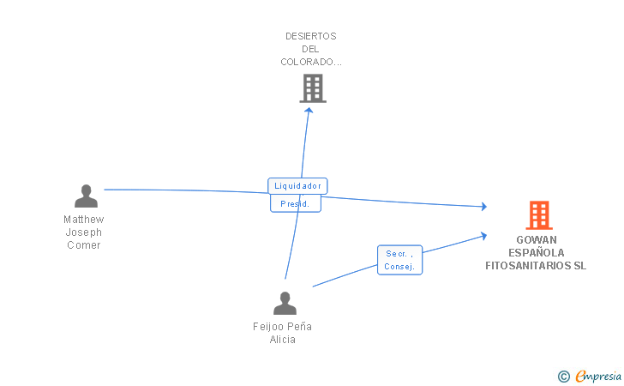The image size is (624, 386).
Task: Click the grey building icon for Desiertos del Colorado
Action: point(313,87)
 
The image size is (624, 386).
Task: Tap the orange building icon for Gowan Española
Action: point(538,214)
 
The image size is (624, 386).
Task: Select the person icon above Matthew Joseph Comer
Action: point(86,196)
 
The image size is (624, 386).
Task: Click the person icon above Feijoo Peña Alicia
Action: point(284,303)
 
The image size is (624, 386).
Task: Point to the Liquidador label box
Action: point(297,185)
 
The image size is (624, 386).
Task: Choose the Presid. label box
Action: point(295,204)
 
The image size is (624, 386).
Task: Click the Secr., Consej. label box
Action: point(399,260)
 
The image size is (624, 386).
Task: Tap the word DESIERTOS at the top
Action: point(311,36)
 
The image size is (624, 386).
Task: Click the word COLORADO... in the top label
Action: point(311,62)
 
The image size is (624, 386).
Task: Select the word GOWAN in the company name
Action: point(536,240)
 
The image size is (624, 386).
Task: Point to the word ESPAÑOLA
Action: point(536,253)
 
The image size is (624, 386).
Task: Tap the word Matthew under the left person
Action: point(84,220)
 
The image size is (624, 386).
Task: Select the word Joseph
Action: point(84,232)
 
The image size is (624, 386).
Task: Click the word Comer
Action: point(84,245)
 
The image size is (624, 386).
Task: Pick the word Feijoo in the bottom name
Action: point(267,327)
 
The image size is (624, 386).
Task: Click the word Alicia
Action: point(283,340)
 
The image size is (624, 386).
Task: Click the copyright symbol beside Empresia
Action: point(563,376)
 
